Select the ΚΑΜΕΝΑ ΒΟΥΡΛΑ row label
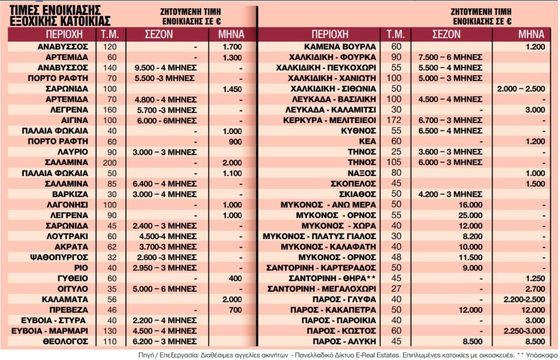[339, 47]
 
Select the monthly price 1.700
[232, 47]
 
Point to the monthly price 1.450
[232, 89]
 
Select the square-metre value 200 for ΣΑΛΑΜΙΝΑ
[110, 162]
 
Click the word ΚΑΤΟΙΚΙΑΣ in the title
[78, 21]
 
